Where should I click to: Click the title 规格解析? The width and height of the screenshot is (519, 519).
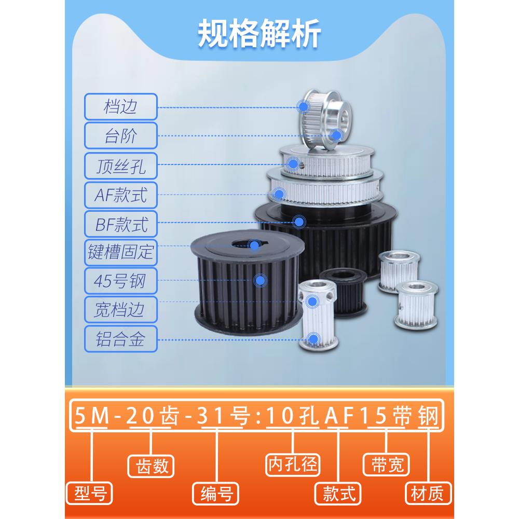[259, 34]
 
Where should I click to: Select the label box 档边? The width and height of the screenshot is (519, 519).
[120, 107]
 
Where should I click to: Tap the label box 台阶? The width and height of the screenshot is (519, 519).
[120, 136]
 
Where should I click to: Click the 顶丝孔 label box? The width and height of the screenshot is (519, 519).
[120, 166]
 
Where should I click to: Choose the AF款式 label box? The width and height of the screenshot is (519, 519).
[120, 195]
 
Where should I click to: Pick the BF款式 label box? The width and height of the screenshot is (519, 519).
[120, 224]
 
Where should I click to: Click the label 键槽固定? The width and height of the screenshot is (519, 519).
[120, 253]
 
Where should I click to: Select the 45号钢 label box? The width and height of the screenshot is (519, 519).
[120, 282]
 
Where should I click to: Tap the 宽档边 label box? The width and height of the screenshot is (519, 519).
[120, 310]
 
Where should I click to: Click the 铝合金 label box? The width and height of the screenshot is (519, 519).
[120, 340]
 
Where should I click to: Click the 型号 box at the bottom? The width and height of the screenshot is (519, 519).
[90, 493]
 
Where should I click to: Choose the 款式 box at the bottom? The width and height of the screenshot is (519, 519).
[338, 493]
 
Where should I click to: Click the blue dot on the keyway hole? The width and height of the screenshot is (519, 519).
[254, 244]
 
